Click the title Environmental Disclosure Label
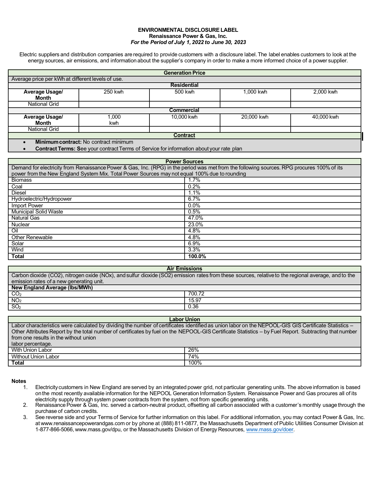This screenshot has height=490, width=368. click(188, 30)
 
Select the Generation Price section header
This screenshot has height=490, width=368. click(184, 73)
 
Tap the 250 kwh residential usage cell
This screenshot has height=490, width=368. click(114, 92)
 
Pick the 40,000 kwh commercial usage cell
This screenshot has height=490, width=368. click(325, 117)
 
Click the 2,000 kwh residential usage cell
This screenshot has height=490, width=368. click(325, 92)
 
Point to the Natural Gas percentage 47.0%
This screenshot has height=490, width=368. click(196, 218)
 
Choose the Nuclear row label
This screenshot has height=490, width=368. click(20, 225)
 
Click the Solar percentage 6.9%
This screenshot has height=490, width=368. click(194, 243)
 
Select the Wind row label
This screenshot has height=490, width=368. click(17, 250)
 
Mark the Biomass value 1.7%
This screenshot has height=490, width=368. click(194, 180)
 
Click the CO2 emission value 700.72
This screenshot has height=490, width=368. click(196, 294)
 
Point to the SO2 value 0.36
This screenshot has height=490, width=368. click(193, 306)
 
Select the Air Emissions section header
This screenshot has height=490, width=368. click(184, 269)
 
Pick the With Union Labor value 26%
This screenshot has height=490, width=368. click(193, 350)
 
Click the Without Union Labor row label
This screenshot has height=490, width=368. click(35, 357)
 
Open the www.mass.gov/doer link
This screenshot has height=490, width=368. click(270, 429)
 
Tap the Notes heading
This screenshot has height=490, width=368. click(19, 381)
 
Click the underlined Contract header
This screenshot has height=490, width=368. click(184, 135)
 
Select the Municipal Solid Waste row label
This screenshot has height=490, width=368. click(37, 212)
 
